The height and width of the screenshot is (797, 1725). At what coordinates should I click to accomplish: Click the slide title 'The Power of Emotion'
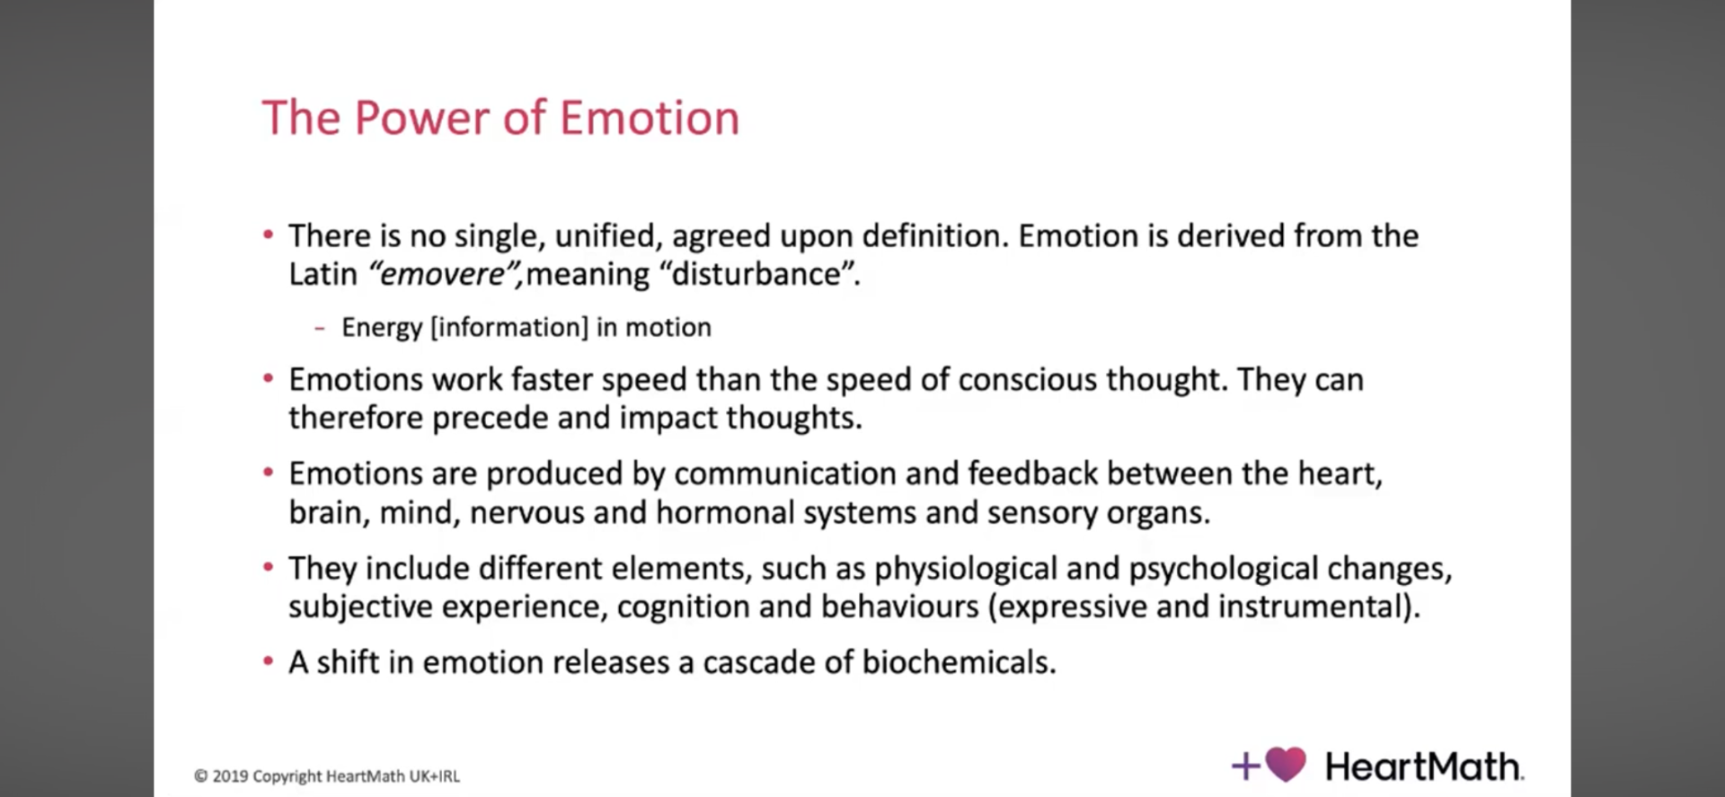(500, 118)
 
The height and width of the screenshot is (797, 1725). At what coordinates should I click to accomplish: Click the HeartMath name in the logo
(1424, 766)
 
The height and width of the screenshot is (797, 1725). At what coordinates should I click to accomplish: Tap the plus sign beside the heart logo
(1246, 766)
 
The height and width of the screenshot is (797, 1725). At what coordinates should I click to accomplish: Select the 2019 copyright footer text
(327, 776)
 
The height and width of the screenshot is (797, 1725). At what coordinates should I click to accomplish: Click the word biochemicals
(959, 662)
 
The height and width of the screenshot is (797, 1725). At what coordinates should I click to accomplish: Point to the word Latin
(323, 274)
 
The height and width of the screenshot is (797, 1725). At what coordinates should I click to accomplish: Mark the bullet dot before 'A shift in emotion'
(268, 662)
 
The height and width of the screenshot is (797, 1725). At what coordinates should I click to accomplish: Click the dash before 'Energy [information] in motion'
(320, 329)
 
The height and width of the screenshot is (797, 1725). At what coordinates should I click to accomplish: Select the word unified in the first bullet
(605, 236)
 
